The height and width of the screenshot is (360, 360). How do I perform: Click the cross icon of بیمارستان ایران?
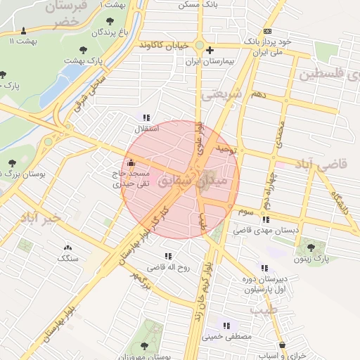point(210,50)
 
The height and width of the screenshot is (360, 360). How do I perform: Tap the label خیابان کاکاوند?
point(165,45)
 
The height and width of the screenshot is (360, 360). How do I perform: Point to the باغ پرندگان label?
point(114,32)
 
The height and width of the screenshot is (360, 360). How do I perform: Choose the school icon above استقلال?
point(146,118)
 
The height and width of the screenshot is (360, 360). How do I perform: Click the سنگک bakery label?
point(68,258)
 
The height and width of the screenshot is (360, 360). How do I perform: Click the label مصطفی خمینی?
point(226,337)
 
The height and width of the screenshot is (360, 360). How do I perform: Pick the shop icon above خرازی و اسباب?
point(283,345)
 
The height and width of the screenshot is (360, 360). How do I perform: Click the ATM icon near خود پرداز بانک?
point(267,32)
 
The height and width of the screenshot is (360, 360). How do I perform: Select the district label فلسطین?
point(328,73)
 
